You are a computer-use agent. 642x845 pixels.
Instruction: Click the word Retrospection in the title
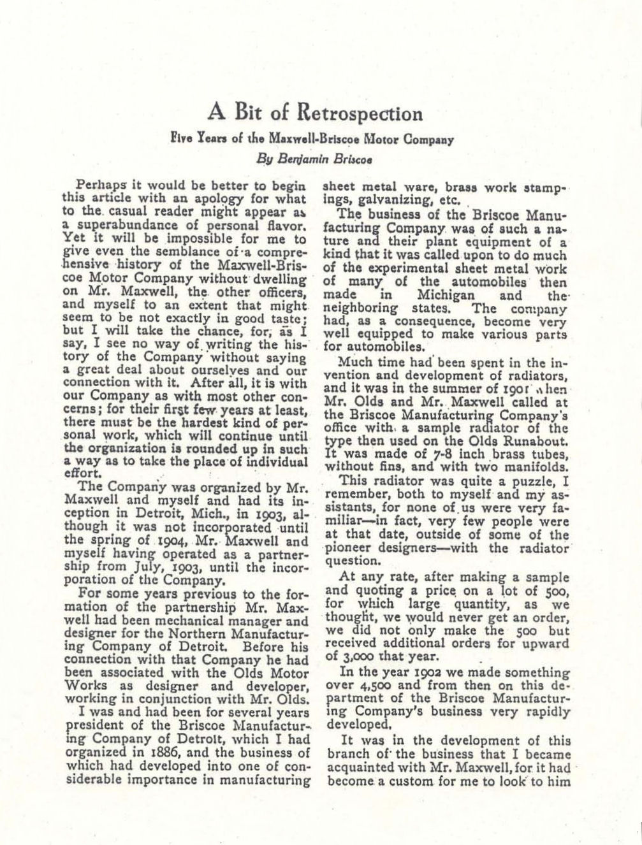click(x=359, y=113)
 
